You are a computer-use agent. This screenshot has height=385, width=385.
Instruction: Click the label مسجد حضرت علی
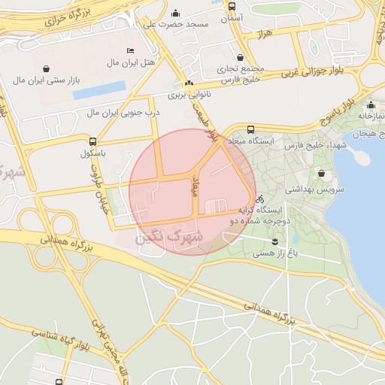pos(176,25)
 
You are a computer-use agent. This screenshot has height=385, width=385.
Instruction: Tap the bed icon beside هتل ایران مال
pos(130,50)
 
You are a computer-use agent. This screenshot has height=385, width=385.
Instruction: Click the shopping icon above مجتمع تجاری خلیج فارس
pos(240,57)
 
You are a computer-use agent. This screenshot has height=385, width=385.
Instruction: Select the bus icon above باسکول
pos(92,141)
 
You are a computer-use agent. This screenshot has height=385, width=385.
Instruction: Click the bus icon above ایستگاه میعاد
pos(250,129)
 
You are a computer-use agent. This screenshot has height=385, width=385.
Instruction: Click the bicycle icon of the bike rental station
pos(260,199)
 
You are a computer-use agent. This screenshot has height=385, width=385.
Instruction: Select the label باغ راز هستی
pos(275,254)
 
